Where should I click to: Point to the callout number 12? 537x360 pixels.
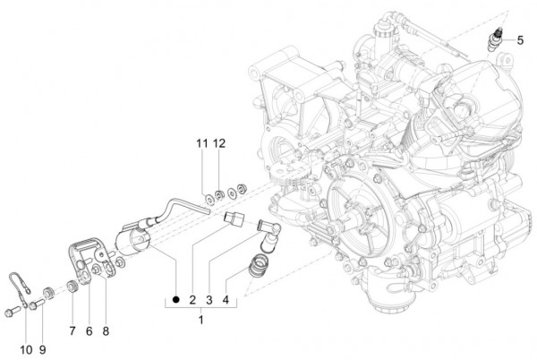click(x=219, y=143)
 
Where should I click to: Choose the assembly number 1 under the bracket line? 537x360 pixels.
click(x=201, y=319)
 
